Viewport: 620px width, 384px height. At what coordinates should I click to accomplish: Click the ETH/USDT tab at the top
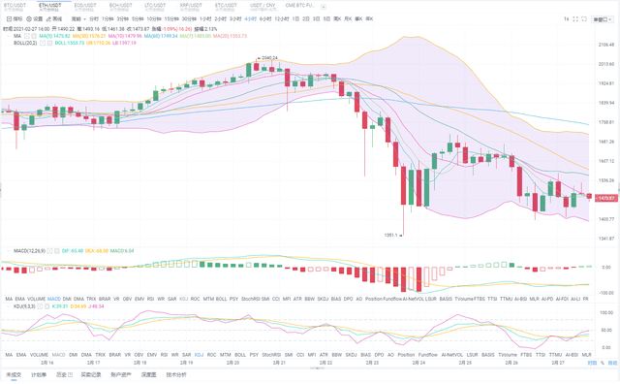[x=48, y=6]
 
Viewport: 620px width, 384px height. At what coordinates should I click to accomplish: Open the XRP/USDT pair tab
[x=189, y=6]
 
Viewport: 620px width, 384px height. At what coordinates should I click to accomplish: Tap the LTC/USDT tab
[x=154, y=6]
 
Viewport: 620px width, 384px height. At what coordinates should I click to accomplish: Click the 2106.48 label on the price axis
[x=607, y=44]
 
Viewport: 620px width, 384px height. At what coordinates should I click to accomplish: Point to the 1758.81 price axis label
[x=607, y=122]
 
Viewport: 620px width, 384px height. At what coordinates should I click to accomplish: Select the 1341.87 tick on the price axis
[x=607, y=239]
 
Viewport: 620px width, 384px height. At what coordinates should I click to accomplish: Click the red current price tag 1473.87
[x=607, y=198]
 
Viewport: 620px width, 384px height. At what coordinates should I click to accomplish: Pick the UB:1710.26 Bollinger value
[x=100, y=44]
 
